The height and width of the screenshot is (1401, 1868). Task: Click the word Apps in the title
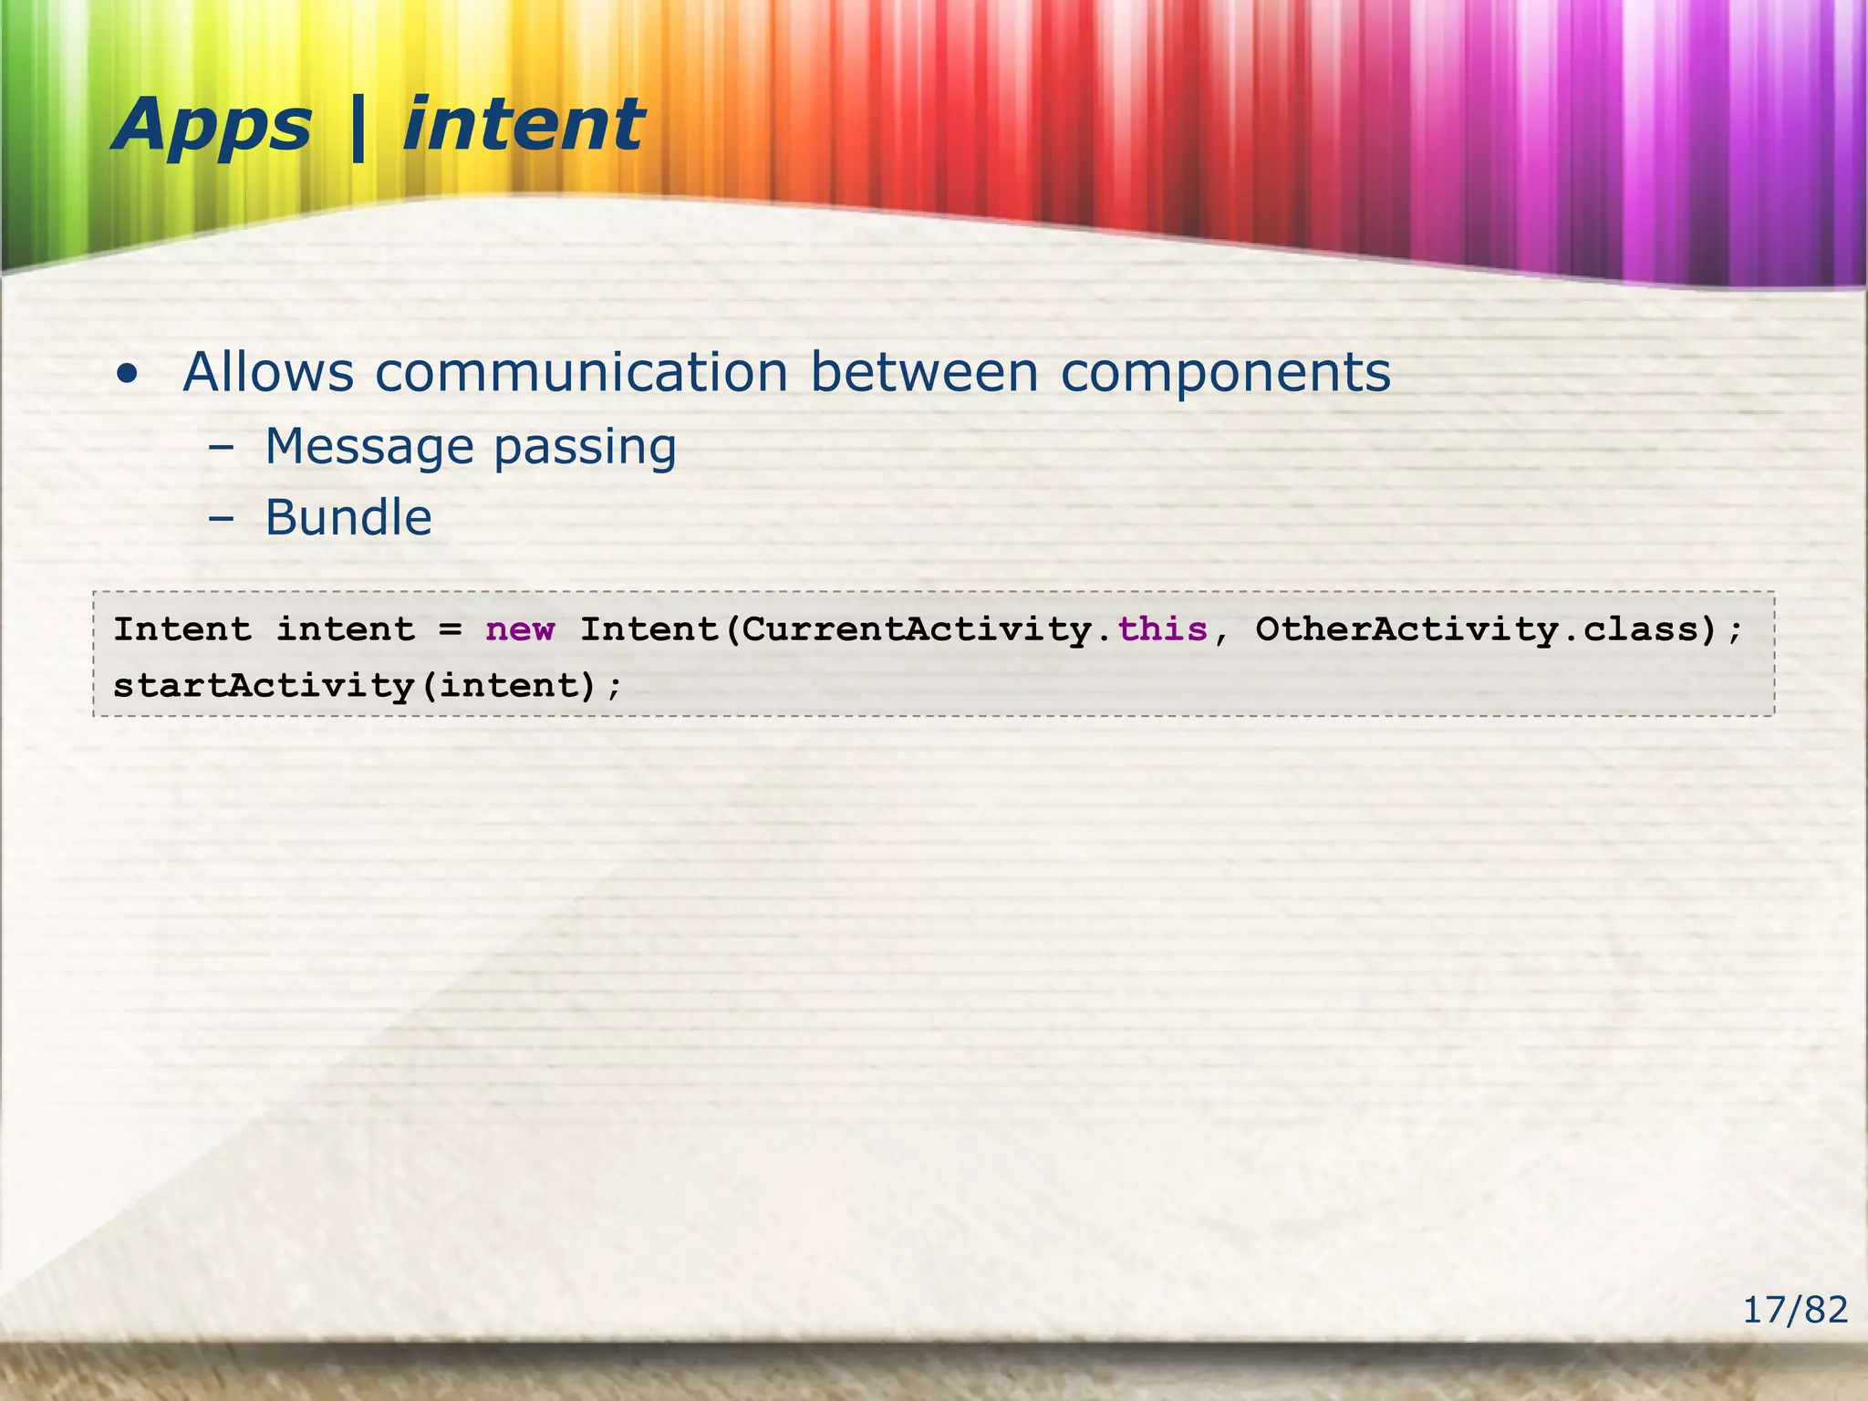pos(212,126)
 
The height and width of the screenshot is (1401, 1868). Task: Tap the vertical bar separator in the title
pos(357,128)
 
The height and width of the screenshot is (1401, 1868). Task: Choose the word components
pos(1225,374)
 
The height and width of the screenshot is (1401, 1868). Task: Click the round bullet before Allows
pos(128,374)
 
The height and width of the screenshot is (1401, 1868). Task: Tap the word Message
pos(368,447)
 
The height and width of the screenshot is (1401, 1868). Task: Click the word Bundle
pos(348,518)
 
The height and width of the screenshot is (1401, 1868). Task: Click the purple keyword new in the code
pos(520,629)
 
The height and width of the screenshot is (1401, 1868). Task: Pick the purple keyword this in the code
pos(1162,629)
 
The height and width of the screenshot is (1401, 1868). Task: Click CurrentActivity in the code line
pos(917,630)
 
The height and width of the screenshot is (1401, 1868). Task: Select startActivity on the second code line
pos(264,685)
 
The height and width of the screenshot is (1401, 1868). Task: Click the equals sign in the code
pos(451,629)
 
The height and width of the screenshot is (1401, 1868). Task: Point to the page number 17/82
pos(1794,1311)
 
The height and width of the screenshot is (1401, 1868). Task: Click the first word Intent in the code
pos(182,629)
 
